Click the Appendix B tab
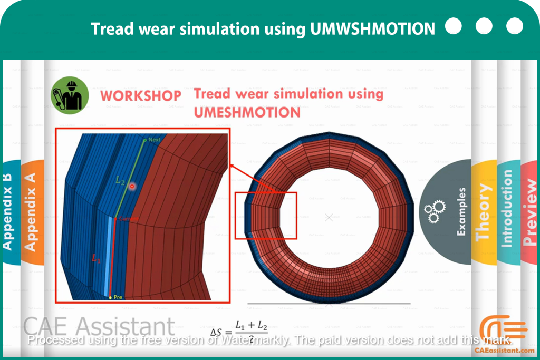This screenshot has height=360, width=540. pos(8,211)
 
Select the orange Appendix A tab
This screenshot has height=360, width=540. pos(31,211)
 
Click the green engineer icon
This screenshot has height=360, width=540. pos(70,95)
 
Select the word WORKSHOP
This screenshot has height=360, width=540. pos(140,96)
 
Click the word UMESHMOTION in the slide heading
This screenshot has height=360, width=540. pos(247,112)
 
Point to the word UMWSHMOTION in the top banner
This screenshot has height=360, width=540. pos(373,28)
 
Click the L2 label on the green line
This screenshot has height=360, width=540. pos(121,180)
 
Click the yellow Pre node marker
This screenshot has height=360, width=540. pos(110,297)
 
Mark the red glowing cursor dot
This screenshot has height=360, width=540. pos(133,186)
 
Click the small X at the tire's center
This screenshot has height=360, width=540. pos(329,217)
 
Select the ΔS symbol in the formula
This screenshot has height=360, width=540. pos(216,332)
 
